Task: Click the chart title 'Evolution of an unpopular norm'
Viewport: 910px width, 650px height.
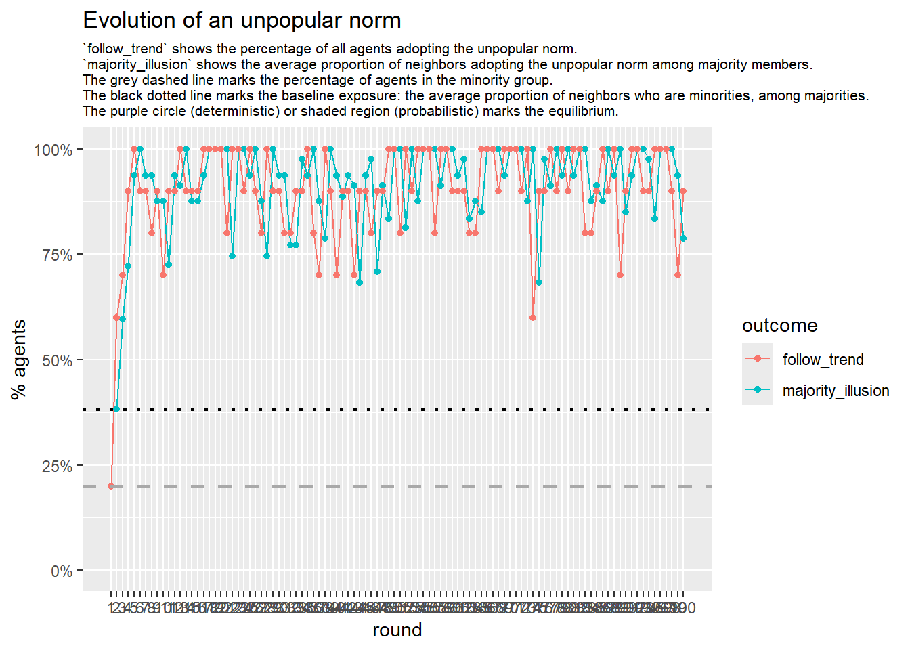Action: pyautogui.click(x=242, y=20)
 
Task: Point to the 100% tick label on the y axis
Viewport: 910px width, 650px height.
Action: pyautogui.click(x=53, y=150)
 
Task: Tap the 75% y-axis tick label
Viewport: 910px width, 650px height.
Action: pyautogui.click(x=57, y=255)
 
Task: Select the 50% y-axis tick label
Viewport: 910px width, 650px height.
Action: pyautogui.click(x=57, y=360)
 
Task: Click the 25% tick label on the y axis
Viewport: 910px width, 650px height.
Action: pyautogui.click(x=57, y=466)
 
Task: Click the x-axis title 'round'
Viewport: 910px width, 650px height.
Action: pyautogui.click(x=397, y=630)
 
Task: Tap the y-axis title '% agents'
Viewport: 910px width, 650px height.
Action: pyautogui.click(x=19, y=360)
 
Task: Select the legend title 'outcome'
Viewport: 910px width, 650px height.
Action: pyautogui.click(x=779, y=326)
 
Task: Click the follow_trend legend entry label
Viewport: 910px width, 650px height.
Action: pyautogui.click(x=823, y=360)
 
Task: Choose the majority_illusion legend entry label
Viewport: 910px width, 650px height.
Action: pyautogui.click(x=836, y=391)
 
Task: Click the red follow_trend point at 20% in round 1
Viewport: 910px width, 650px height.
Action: pyautogui.click(x=111, y=486)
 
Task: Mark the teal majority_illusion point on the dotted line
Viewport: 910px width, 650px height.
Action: pyautogui.click(x=116, y=409)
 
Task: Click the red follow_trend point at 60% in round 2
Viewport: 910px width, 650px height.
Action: pyautogui.click(x=116, y=318)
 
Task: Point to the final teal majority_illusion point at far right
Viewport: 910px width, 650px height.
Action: pyautogui.click(x=683, y=238)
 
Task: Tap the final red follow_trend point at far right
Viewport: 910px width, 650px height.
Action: pyautogui.click(x=683, y=191)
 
